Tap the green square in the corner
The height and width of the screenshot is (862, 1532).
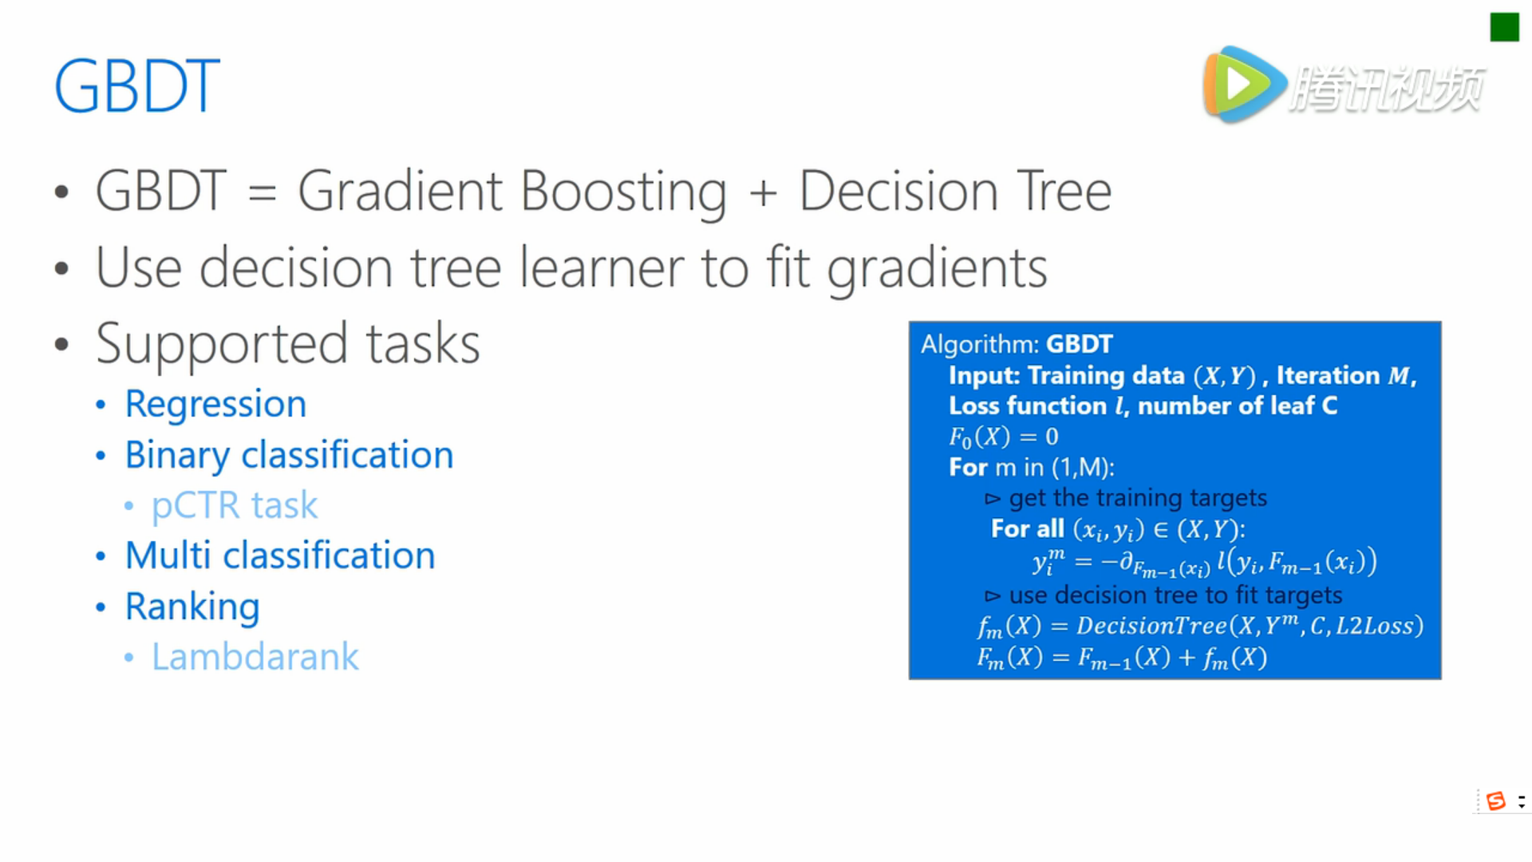tap(1504, 27)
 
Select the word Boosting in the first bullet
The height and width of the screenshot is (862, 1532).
tap(623, 192)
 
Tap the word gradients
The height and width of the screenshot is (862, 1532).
tap(938, 270)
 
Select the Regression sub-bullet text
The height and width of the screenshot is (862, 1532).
tap(215, 405)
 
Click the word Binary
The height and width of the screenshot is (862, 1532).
tap(176, 456)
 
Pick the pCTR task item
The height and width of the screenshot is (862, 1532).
tap(235, 506)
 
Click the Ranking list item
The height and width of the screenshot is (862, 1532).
tap(192, 607)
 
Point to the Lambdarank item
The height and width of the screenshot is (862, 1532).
tap(255, 657)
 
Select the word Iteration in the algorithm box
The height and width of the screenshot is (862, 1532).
tap(1328, 375)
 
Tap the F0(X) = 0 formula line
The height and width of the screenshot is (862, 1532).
tap(1003, 437)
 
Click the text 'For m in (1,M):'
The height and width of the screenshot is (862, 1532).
tap(1032, 468)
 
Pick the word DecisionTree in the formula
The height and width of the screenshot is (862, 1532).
tap(1151, 626)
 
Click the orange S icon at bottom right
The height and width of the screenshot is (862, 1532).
tap(1496, 801)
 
